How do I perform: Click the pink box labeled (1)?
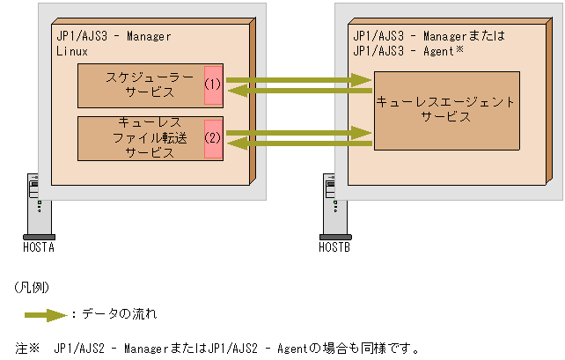(x=212, y=84)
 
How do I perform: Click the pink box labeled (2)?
(x=212, y=138)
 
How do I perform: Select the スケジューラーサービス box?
(x=141, y=84)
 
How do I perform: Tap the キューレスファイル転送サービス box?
(x=141, y=138)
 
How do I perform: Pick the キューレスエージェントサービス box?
(x=445, y=110)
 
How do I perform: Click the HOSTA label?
(x=39, y=247)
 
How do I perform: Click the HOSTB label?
(x=334, y=247)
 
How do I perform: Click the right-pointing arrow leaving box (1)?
(x=299, y=80)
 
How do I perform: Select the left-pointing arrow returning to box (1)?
(x=299, y=90)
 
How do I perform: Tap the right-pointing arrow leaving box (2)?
(x=299, y=133)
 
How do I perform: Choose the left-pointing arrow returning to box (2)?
(x=299, y=143)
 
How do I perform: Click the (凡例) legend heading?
(x=32, y=288)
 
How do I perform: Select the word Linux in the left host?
(x=71, y=50)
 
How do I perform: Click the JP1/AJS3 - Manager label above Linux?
(x=113, y=37)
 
